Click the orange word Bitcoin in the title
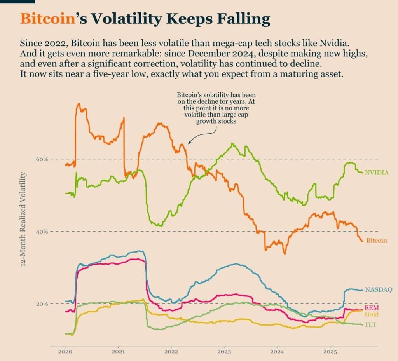click(47, 19)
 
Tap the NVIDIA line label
click(377, 172)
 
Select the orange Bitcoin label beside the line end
click(377, 241)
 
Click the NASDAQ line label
click(379, 289)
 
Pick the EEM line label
click(372, 308)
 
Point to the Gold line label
click(372, 314)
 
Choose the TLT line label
click(370, 325)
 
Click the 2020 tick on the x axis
click(65, 353)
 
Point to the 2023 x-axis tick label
click(224, 353)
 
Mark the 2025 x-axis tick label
click(330, 353)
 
